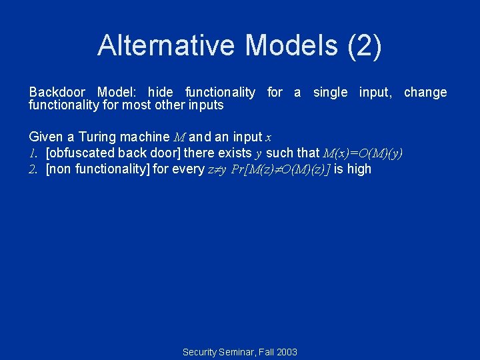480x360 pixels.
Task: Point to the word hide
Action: point(159,92)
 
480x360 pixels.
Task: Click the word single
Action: point(330,92)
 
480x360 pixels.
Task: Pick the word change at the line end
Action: point(425,92)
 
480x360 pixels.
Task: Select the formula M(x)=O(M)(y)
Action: point(363,153)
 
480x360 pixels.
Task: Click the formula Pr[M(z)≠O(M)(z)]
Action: point(280,169)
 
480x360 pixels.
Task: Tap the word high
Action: point(359,169)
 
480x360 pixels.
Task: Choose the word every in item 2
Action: point(189,169)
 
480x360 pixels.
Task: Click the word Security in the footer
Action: point(201,351)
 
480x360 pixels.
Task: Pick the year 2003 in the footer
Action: point(286,351)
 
